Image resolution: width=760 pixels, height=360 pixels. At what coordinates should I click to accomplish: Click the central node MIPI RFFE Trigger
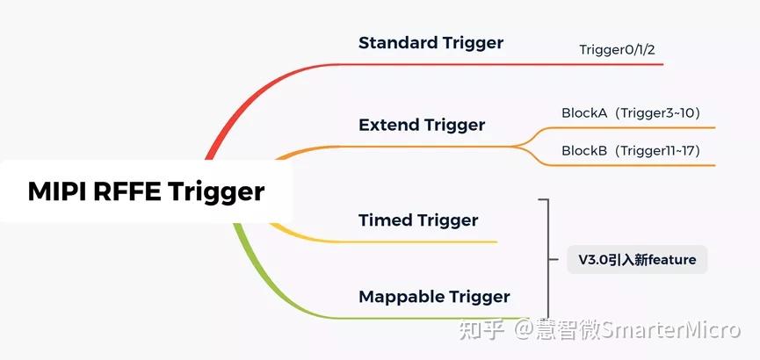(146, 191)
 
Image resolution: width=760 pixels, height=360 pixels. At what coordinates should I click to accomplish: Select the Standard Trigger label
(431, 43)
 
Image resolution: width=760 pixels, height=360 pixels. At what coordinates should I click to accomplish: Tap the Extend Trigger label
(421, 125)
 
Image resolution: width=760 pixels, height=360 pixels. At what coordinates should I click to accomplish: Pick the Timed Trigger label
(418, 220)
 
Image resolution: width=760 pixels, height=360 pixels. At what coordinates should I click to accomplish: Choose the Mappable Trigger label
(434, 297)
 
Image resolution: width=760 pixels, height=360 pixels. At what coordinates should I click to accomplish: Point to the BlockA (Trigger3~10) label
(630, 112)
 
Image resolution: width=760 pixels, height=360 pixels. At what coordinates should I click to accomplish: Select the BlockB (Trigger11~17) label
(630, 151)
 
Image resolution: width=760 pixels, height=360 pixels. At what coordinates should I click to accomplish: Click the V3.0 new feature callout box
(637, 259)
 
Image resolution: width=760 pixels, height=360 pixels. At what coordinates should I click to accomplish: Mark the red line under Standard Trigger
(492, 64)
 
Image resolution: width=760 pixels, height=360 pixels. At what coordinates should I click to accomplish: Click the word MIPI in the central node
(57, 191)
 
